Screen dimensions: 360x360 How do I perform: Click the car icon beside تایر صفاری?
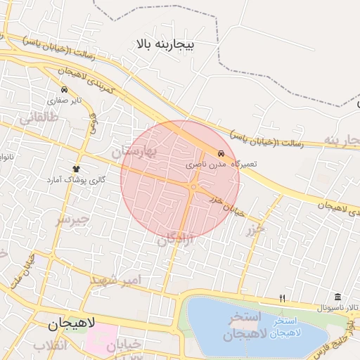[64, 90]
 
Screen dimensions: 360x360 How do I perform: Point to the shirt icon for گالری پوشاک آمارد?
[77, 169]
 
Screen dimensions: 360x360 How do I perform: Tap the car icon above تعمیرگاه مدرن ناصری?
[221, 153]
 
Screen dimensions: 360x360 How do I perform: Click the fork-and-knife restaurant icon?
[283, 298]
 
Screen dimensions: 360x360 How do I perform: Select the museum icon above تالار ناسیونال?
[338, 297]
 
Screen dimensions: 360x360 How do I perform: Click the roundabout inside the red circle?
[193, 186]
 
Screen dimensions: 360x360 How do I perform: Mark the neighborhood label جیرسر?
[74, 219]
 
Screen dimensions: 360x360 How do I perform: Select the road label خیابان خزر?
[226, 202]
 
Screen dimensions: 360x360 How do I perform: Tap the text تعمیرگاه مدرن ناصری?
[221, 163]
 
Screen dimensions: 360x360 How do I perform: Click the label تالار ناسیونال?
[337, 308]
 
